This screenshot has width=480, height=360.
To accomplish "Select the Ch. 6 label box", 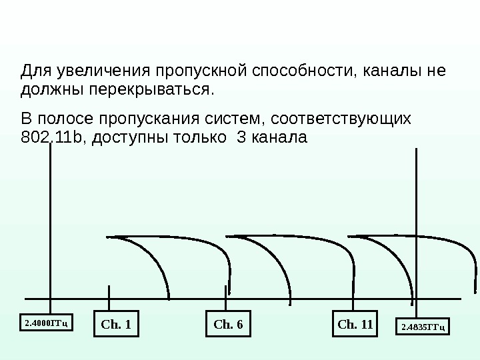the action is [x=229, y=325].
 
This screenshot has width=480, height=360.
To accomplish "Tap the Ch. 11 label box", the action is [x=355, y=325].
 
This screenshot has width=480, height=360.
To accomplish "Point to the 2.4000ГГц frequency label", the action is [x=47, y=324].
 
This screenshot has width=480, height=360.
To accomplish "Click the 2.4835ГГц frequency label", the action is [x=423, y=327].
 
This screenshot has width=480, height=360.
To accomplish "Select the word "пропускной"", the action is [x=196, y=70].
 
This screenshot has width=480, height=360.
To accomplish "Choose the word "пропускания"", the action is [x=149, y=119].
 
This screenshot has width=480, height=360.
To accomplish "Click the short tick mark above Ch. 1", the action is [x=109, y=297].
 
